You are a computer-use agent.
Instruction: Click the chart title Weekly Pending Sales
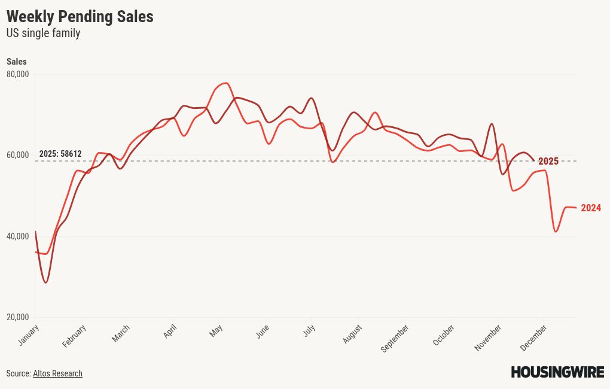click(x=80, y=17)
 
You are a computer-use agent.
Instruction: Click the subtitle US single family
click(x=43, y=34)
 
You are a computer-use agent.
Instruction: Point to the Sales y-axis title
click(x=17, y=62)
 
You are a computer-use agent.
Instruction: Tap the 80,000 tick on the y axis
click(x=18, y=74)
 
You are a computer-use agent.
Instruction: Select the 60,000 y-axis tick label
click(x=18, y=155)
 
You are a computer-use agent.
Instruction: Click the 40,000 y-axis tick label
click(x=18, y=236)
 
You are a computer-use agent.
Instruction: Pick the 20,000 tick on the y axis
click(x=18, y=317)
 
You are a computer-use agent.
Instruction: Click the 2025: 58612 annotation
click(x=60, y=154)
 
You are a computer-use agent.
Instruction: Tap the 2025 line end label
click(x=548, y=162)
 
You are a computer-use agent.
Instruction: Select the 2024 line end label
click(x=591, y=208)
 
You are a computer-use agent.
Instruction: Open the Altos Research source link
click(x=57, y=373)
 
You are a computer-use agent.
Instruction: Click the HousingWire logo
click(x=557, y=372)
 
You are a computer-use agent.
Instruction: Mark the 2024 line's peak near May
click(x=225, y=83)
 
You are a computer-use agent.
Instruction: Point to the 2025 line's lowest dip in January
click(x=45, y=282)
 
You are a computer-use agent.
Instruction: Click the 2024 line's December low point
click(x=556, y=232)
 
